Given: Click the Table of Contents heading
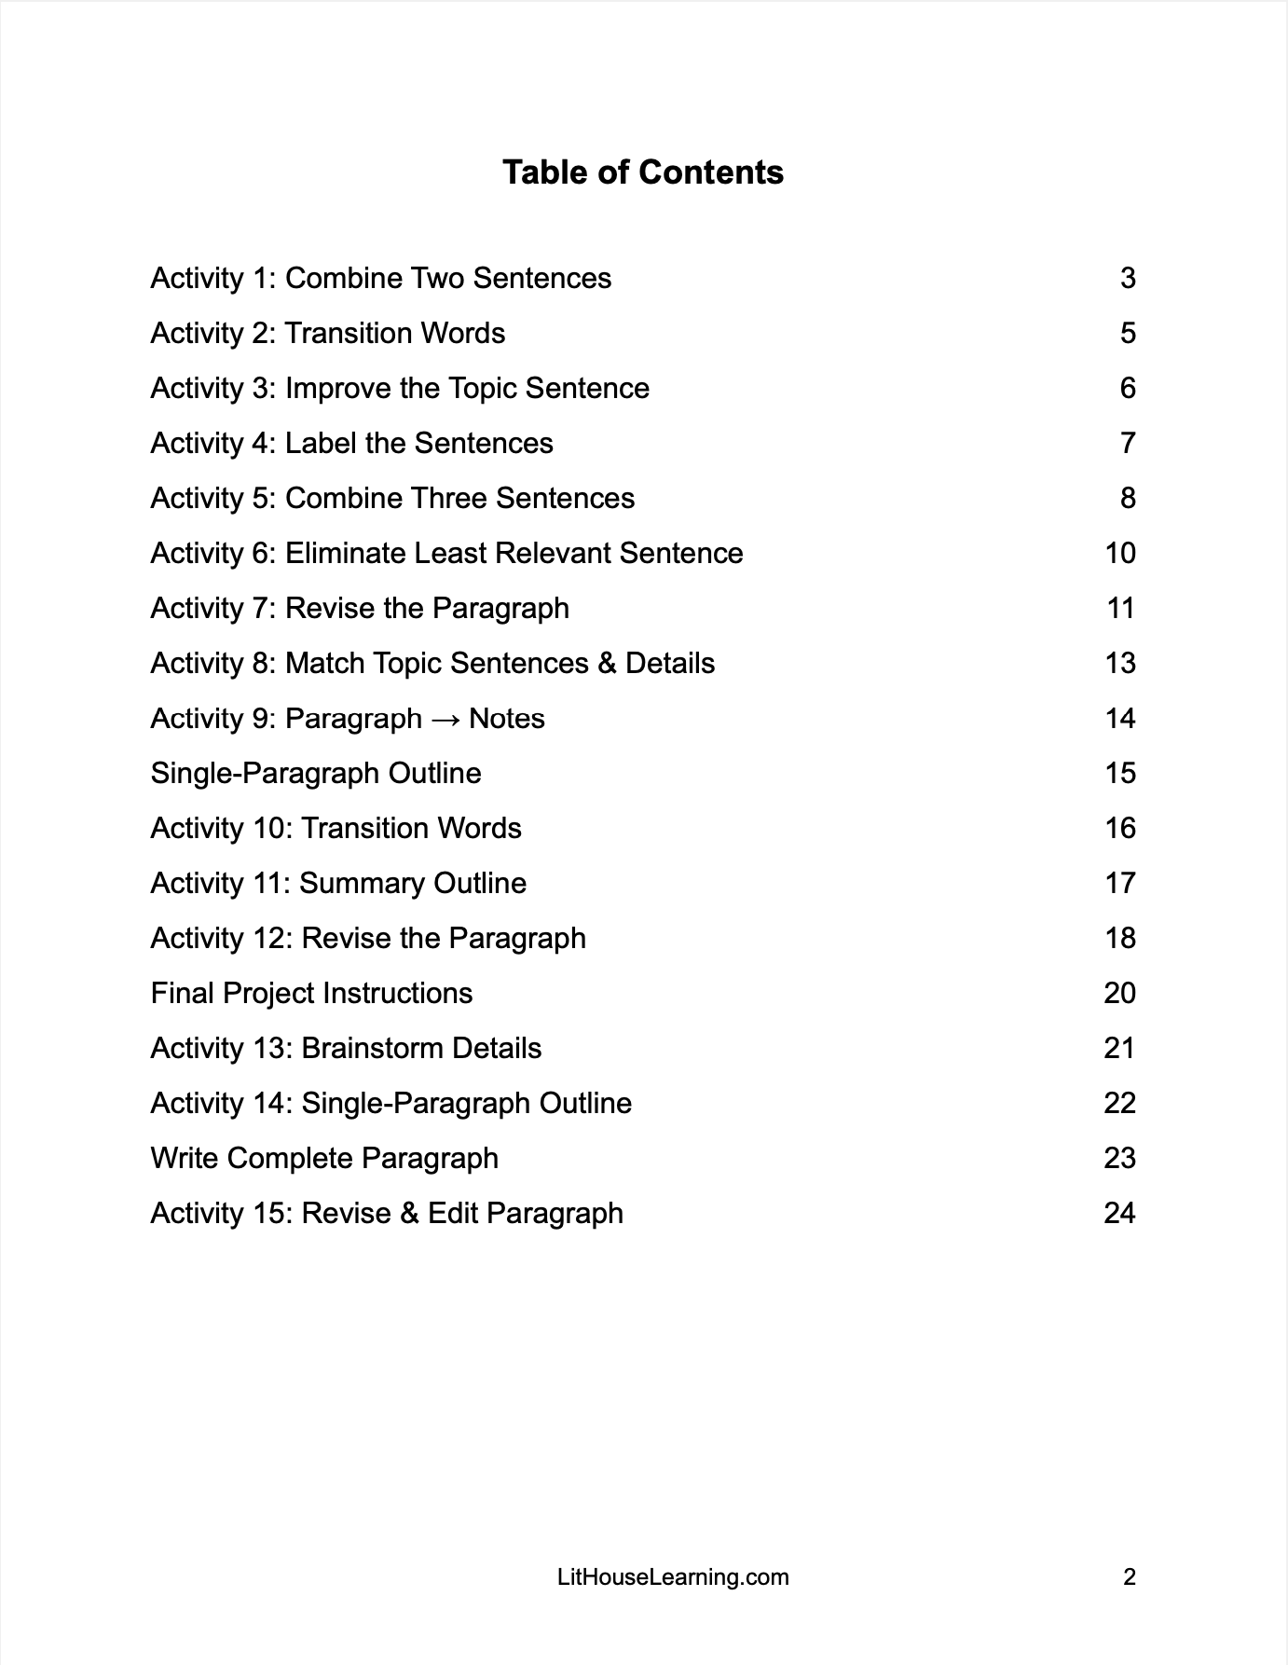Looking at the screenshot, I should coord(643,172).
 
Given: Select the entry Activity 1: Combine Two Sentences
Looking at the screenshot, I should coord(380,278).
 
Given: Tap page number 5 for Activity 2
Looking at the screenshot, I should coord(1128,333).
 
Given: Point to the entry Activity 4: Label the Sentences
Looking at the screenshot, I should coord(351,443).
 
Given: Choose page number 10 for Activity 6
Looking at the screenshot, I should coord(1120,553).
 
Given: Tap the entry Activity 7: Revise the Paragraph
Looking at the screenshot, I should coord(360,608).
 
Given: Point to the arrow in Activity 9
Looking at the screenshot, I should coord(445,719).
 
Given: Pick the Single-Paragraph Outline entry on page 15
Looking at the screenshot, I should coord(316,773).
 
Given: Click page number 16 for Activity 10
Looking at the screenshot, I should coord(1120,828).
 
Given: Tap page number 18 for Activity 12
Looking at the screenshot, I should coord(1120,938).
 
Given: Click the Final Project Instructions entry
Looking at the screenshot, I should coord(311,993).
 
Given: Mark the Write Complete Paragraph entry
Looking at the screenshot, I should coord(324,1158).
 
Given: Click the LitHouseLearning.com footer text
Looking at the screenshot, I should coord(673,1577).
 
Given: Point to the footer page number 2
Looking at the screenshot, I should coord(1130,1577).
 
